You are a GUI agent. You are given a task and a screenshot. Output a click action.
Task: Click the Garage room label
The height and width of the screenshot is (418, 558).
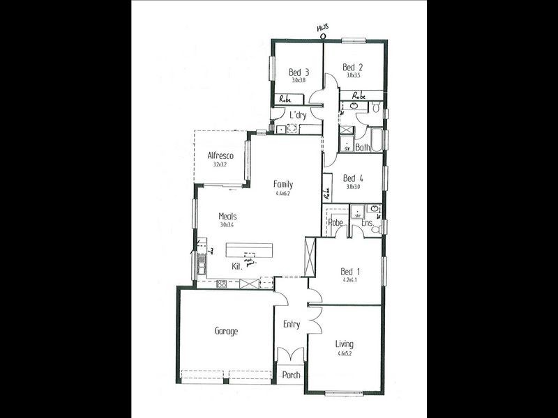pyautogui.click(x=226, y=332)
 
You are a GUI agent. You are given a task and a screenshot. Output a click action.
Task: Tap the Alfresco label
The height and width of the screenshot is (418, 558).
pyautogui.click(x=220, y=156)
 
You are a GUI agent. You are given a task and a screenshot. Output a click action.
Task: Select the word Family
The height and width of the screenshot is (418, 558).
pyautogui.click(x=283, y=185)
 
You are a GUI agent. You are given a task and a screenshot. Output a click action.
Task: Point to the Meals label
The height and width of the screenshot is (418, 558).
pyautogui.click(x=227, y=217)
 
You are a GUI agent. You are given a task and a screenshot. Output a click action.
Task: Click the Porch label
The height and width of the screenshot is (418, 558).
pyautogui.click(x=292, y=376)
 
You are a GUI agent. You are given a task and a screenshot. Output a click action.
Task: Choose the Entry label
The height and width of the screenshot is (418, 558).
pyautogui.click(x=292, y=324)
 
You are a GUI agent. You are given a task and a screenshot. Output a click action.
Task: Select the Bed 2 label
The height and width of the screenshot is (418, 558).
pyautogui.click(x=352, y=68)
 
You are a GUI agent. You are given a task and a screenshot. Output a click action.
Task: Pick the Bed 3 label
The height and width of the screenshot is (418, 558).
pyautogui.click(x=299, y=72)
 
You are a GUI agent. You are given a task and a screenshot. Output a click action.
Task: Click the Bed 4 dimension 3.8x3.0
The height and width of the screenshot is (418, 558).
pyautogui.click(x=354, y=187)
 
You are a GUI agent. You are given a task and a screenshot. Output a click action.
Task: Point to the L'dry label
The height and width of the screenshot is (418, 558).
pyautogui.click(x=299, y=115)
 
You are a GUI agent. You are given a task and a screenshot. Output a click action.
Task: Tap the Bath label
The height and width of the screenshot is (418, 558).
pyautogui.click(x=363, y=148)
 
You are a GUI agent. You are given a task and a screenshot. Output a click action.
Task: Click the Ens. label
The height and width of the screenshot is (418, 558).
pyautogui.click(x=366, y=224)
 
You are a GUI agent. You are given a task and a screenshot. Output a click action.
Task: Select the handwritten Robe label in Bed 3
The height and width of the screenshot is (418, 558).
pyautogui.click(x=286, y=99)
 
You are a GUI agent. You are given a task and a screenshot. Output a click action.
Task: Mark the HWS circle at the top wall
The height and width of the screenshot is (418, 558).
pyautogui.click(x=322, y=37)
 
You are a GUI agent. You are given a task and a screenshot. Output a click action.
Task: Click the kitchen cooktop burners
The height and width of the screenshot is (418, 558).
pyautogui.click(x=223, y=284)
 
